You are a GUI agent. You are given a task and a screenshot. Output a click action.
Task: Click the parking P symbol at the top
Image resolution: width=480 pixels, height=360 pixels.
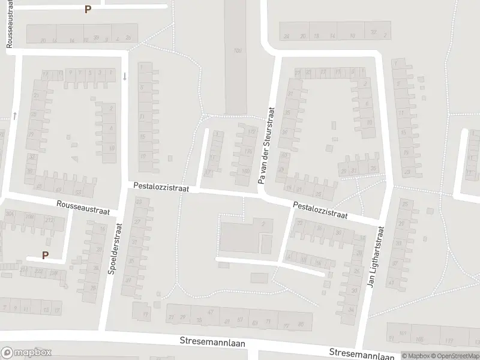coord(88,10)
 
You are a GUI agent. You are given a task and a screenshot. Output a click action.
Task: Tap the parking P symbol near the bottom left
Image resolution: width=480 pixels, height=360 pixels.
coord(45,256)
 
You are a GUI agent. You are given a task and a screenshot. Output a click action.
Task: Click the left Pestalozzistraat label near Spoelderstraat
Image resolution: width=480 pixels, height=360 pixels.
coord(161,188)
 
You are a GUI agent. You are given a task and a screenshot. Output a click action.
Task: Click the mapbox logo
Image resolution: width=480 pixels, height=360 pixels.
coord(27,353)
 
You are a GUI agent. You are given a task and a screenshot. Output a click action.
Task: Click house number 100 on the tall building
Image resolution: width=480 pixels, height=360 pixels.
coord(238,50)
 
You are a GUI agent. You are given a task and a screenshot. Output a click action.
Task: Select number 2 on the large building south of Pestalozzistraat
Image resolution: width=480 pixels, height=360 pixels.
coord(263,223)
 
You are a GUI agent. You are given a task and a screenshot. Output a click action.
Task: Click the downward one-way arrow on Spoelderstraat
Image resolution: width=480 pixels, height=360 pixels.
coord(125,76)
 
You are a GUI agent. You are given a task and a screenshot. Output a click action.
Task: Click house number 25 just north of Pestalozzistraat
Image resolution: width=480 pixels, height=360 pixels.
coord(319,194)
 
